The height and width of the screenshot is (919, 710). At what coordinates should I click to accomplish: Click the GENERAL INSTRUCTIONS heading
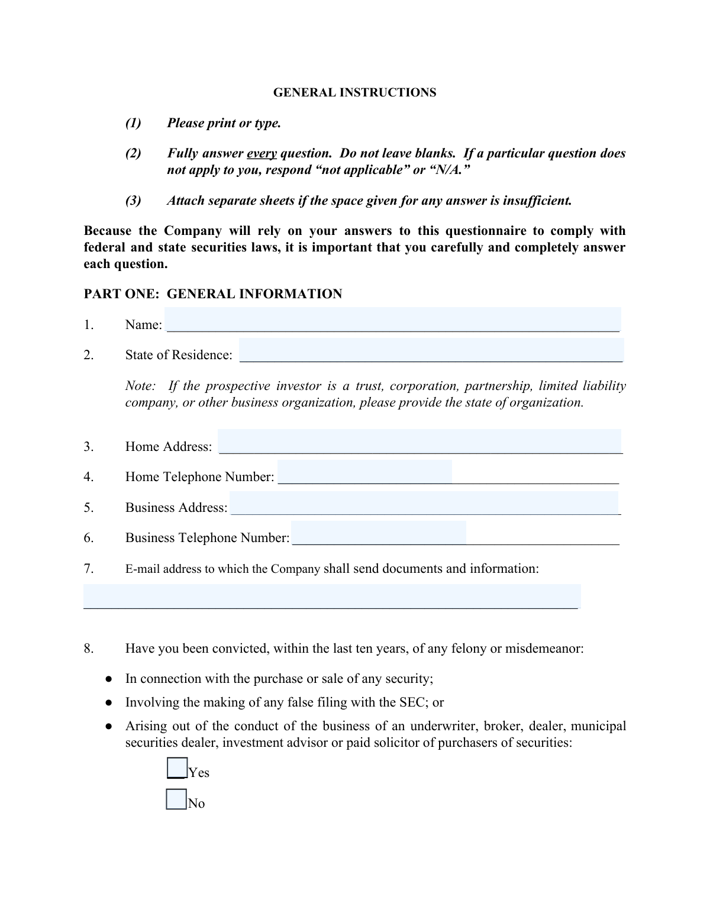click(354, 92)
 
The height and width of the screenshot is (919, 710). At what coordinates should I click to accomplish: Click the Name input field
click(393, 320)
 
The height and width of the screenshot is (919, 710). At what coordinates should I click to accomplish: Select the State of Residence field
click(431, 350)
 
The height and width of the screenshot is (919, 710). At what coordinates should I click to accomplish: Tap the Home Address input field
click(419, 441)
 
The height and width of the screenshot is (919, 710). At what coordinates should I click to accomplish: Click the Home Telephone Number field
click(364, 472)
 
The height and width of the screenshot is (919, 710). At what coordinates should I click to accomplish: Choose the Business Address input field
click(424, 503)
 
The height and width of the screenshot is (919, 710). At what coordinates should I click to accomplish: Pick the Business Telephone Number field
click(379, 533)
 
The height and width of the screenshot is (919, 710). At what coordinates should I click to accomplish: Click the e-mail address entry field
click(332, 596)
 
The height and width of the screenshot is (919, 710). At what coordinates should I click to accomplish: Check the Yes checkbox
click(177, 768)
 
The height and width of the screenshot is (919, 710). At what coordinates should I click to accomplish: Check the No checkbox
click(176, 799)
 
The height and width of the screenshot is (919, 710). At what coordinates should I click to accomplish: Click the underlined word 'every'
click(262, 153)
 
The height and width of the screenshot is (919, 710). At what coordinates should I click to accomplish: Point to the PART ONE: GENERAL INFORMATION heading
click(213, 294)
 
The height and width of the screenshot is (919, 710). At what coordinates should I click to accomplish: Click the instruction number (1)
click(133, 123)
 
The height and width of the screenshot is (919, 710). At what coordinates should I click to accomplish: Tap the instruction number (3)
click(133, 201)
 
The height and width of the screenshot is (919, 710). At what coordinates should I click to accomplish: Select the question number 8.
click(89, 649)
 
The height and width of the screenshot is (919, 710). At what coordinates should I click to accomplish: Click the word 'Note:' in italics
click(141, 386)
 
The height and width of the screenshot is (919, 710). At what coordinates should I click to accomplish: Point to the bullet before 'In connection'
click(109, 679)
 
